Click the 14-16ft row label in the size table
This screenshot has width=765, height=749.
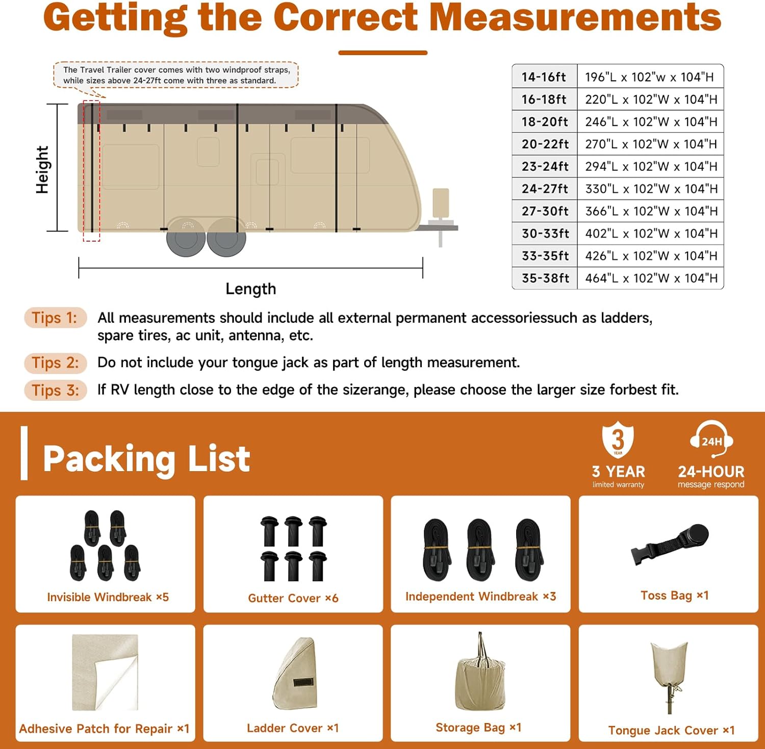click(544, 77)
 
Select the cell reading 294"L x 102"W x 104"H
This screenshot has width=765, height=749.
click(651, 166)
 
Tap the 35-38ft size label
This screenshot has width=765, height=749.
click(545, 278)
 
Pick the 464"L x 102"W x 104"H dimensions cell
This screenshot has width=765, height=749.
click(651, 278)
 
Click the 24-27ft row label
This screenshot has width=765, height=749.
click(545, 189)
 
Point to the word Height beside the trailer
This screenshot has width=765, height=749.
click(42, 169)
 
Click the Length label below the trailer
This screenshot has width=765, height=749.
click(250, 289)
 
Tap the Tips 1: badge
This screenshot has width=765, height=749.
click(55, 318)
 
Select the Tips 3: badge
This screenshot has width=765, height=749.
click(55, 390)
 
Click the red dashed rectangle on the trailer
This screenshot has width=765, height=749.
click(92, 171)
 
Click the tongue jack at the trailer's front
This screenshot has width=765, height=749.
click(441, 214)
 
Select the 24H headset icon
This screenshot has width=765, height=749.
click(711, 440)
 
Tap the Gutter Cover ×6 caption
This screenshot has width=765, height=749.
click(293, 598)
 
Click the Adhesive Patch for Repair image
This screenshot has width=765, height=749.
click(105, 672)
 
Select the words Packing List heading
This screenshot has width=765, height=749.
click(146, 459)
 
